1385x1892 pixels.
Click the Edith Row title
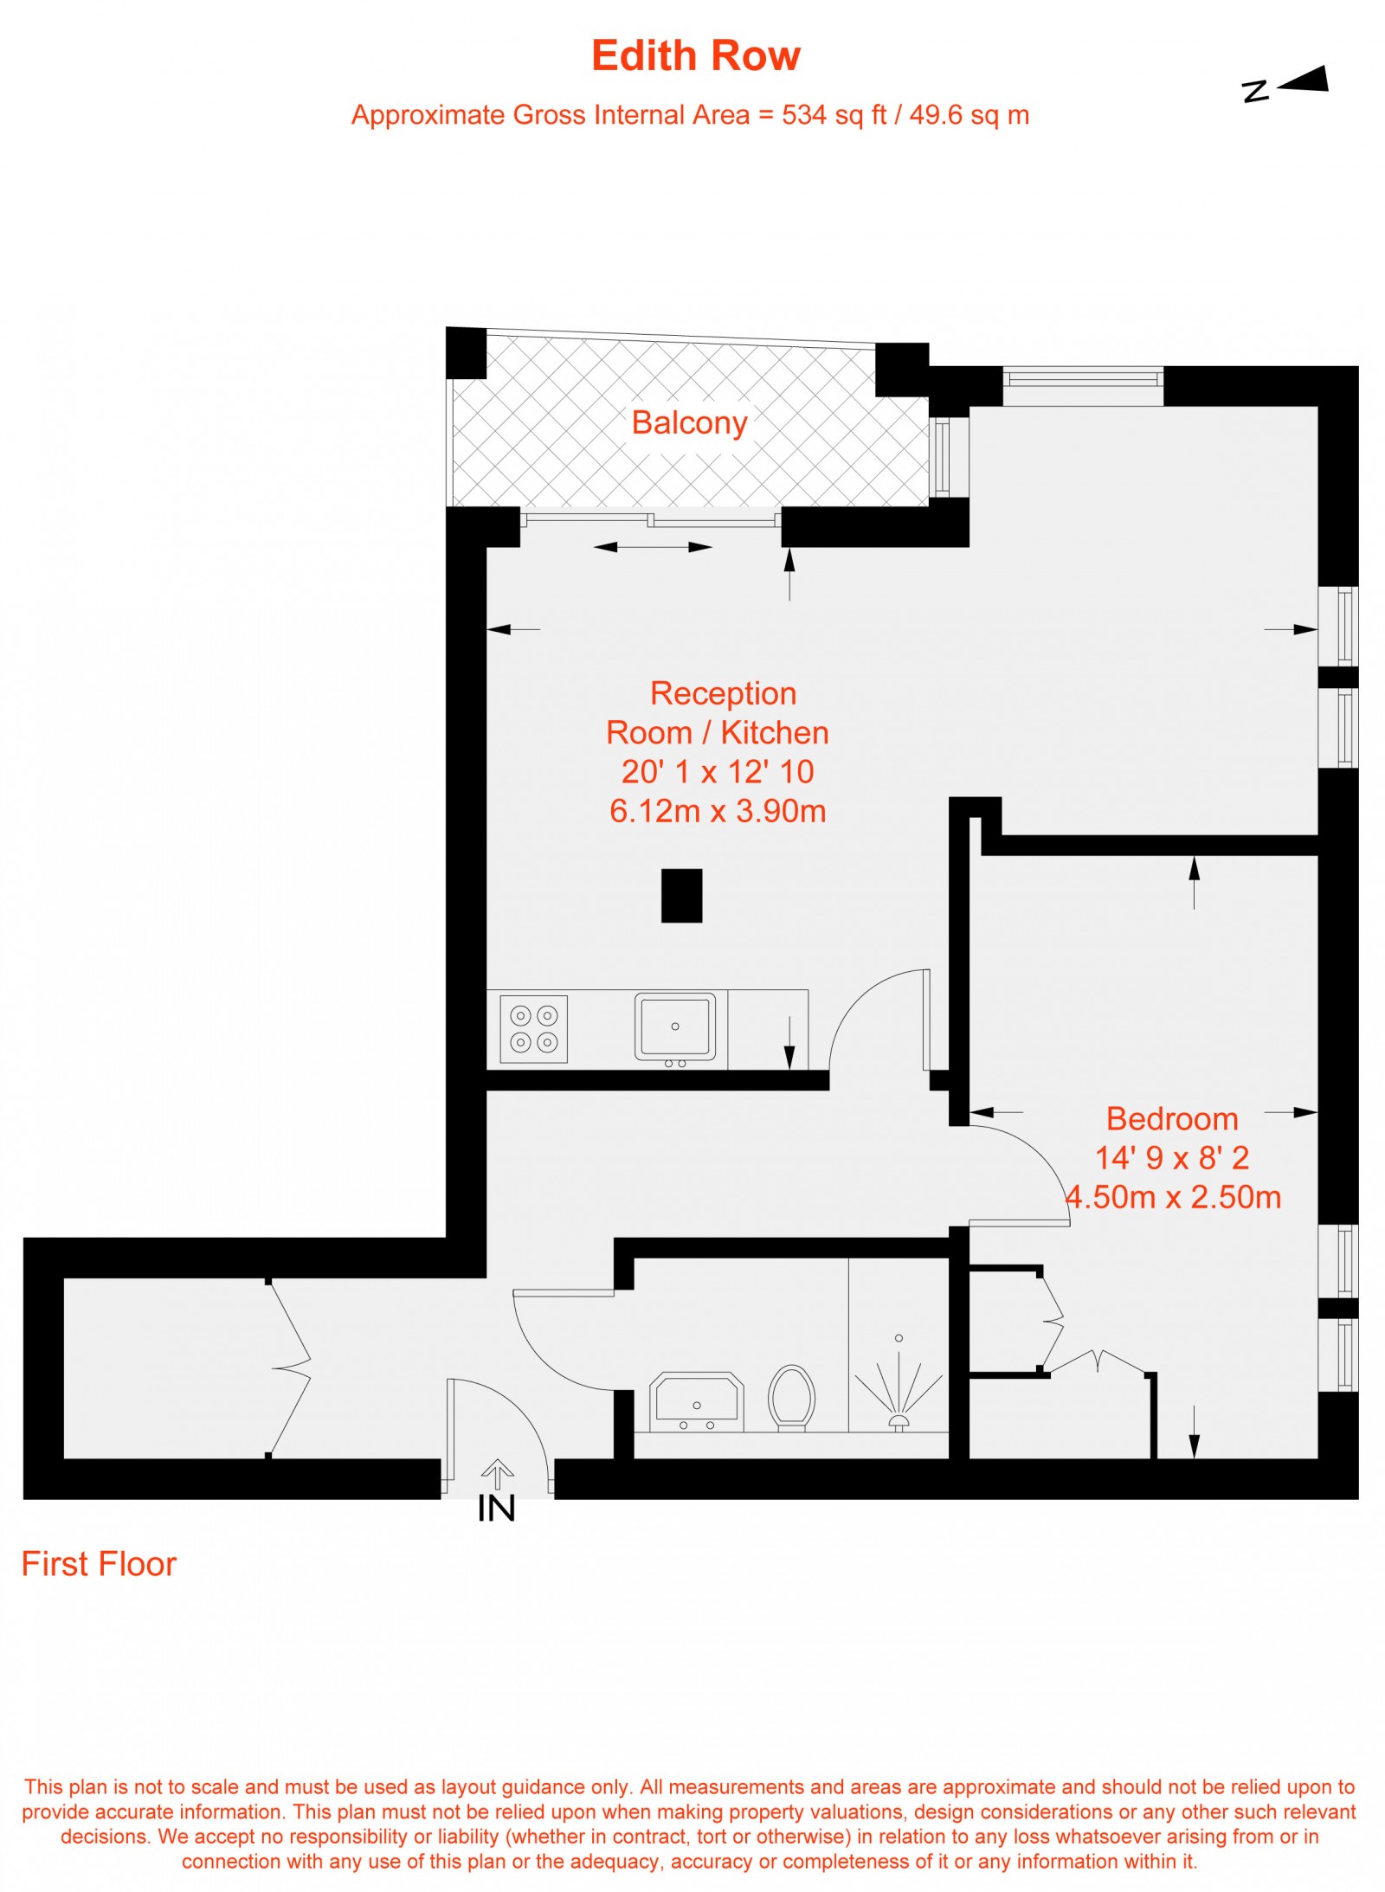click(x=695, y=55)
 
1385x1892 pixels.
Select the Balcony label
click(x=689, y=422)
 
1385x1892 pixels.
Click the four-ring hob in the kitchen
click(x=533, y=1028)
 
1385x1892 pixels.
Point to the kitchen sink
click(x=675, y=1026)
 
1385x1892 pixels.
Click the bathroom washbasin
click(x=696, y=1401)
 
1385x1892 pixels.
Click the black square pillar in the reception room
click(x=681, y=895)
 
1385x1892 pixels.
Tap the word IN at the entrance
click(x=496, y=1509)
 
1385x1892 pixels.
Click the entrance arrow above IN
click(x=497, y=1473)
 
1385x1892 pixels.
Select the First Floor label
click(x=99, y=1564)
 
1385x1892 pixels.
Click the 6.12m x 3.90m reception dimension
click(x=718, y=811)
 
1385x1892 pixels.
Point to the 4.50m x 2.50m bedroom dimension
click(x=1173, y=1197)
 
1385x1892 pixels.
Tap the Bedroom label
click(x=1172, y=1118)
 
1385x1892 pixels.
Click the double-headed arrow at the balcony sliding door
click(x=653, y=547)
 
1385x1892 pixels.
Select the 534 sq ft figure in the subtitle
click(x=834, y=115)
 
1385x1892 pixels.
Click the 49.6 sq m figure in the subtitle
click(x=969, y=115)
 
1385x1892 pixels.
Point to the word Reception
click(x=723, y=693)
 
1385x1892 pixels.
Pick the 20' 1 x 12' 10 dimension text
click(x=718, y=771)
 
